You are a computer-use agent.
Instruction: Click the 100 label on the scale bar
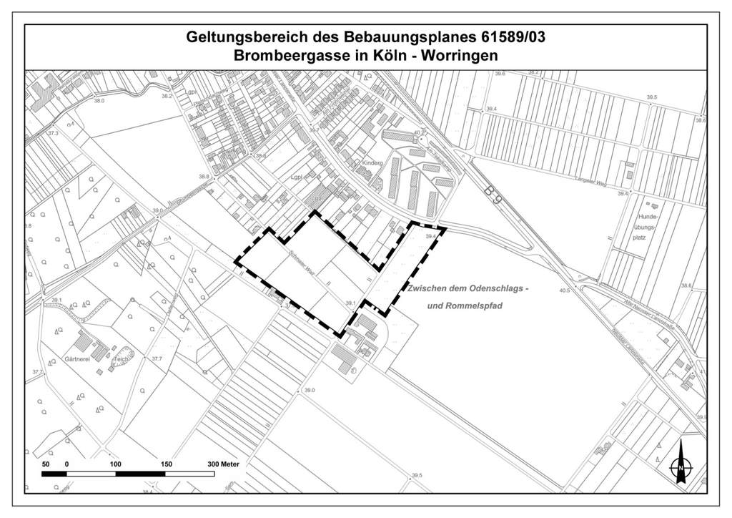(116, 464)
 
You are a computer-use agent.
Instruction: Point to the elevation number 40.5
(565, 290)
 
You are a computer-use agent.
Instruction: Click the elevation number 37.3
(53, 133)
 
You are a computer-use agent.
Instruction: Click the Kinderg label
(372, 163)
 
